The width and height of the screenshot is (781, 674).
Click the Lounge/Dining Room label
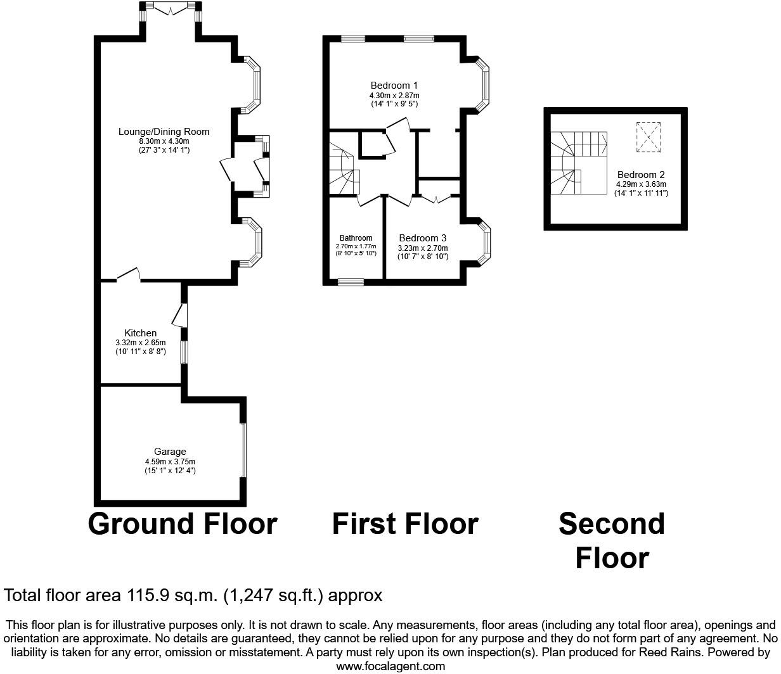[x=164, y=132]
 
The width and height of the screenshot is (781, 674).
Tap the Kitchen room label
[x=140, y=333]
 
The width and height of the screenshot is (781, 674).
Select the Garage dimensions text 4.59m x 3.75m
[x=170, y=462]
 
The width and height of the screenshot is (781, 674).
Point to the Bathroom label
[x=356, y=238]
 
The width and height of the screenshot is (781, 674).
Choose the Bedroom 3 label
[x=422, y=238]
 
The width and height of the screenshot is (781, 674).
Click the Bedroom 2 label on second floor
[x=640, y=175]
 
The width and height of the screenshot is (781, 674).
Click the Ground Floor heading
[x=183, y=525]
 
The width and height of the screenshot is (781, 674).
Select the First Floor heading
[x=404, y=525]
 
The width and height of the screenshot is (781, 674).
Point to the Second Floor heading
[x=612, y=541]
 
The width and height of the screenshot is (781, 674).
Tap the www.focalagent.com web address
[x=390, y=666]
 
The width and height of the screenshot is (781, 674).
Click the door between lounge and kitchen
[x=128, y=275]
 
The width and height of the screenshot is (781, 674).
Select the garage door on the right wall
[x=243, y=450]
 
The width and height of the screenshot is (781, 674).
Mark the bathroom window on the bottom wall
[x=351, y=282]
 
